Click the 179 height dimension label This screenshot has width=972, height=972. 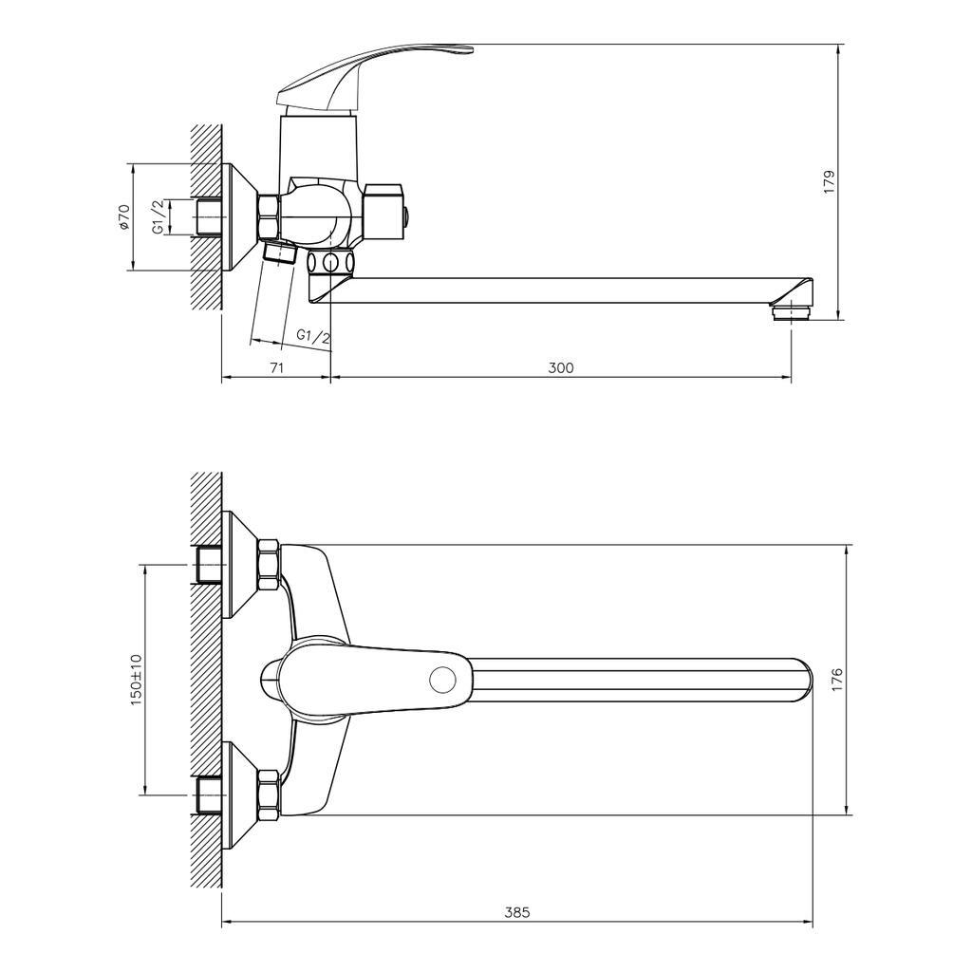830,182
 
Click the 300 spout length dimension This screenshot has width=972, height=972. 561,367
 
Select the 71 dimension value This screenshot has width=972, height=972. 277,367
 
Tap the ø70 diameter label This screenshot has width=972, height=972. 124,217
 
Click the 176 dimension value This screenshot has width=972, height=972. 838,680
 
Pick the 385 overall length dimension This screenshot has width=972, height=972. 517,912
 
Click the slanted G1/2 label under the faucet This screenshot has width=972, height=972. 313,337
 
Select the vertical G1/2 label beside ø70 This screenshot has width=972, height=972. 159,217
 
